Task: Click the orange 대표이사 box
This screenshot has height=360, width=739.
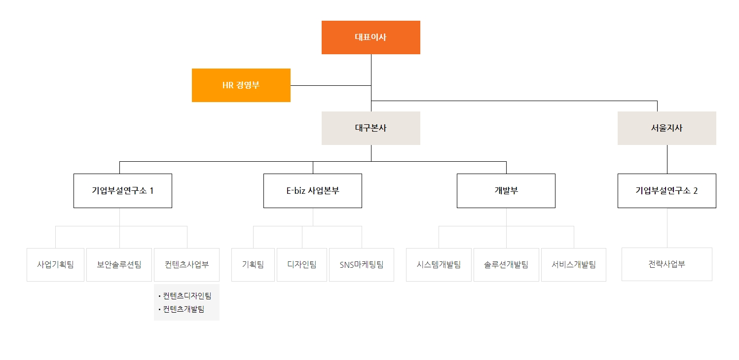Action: click(x=370, y=37)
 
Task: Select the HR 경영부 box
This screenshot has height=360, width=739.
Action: click(x=241, y=85)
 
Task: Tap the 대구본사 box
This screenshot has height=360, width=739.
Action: click(x=370, y=128)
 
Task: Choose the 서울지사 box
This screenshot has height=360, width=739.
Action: click(x=666, y=128)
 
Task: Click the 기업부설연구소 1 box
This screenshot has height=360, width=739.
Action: click(x=122, y=191)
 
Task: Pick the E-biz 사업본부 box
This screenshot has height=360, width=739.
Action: click(x=312, y=191)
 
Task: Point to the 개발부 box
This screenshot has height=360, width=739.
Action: click(x=506, y=191)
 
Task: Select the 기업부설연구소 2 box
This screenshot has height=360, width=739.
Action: click(x=666, y=191)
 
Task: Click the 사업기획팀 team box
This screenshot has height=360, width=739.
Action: click(x=55, y=264)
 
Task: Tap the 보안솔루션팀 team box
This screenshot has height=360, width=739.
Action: click(x=119, y=264)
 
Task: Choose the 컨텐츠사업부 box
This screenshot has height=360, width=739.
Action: click(x=187, y=264)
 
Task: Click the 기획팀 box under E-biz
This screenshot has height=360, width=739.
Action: click(x=253, y=264)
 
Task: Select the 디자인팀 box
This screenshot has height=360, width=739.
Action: click(x=301, y=264)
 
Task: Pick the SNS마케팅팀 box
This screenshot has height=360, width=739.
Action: click(x=362, y=264)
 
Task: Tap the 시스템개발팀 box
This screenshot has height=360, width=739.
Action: click(x=439, y=264)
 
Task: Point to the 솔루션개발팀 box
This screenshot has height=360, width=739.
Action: click(x=506, y=264)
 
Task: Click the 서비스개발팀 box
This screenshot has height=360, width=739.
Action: click(x=574, y=264)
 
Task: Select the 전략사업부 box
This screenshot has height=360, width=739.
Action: click(x=666, y=264)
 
